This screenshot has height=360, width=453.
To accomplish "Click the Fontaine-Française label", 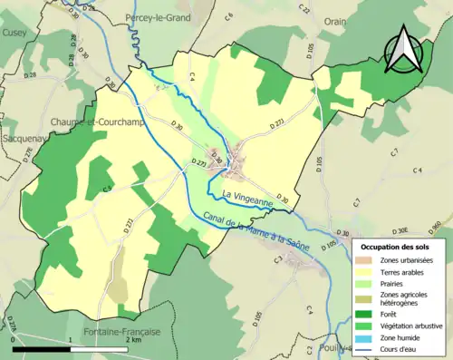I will click(120, 332).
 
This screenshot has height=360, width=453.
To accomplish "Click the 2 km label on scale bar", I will click(134, 341).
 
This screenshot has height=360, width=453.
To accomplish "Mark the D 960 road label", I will click(435, 227).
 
